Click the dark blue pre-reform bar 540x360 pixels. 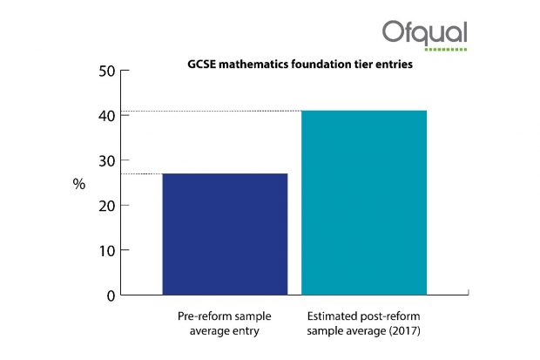point(225,234)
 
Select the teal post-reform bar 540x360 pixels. point(364,203)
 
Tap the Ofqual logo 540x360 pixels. point(425,36)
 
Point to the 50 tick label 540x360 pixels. point(107,71)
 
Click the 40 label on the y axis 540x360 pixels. point(107,116)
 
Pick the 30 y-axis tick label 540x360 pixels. point(107,161)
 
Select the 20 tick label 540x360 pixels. point(107,206)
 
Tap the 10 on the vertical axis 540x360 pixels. point(107,251)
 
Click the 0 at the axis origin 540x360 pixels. point(111,295)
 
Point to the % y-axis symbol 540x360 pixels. point(79,184)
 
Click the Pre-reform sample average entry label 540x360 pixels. point(225,323)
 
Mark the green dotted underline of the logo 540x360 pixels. point(446,50)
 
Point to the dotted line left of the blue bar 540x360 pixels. point(142,173)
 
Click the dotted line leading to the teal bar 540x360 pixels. point(211,111)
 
